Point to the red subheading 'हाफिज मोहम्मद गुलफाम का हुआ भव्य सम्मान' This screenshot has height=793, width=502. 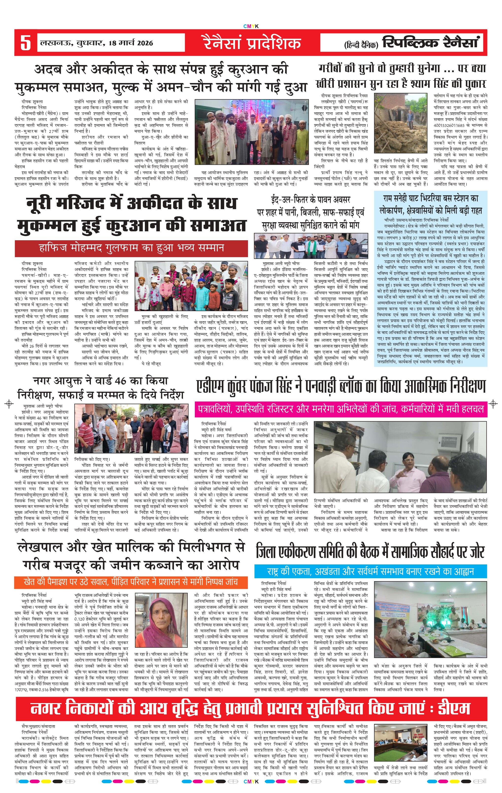pos(131,248)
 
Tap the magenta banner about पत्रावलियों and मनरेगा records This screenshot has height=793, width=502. pos(341,409)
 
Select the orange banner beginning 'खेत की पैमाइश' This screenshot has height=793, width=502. pos(131,582)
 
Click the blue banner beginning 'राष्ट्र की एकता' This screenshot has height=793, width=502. pos(370,571)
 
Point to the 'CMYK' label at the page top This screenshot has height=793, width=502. pos(251,26)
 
